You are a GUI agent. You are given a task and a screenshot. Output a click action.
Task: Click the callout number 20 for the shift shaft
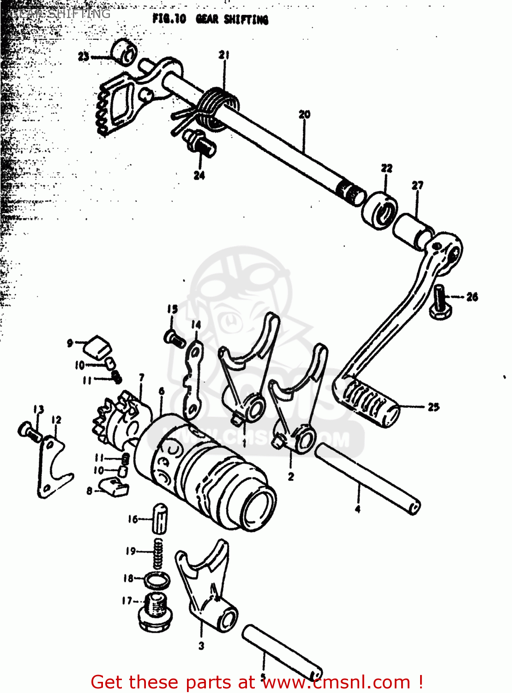pos(304,115)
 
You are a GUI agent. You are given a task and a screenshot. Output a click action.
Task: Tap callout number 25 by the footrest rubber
pos(433,407)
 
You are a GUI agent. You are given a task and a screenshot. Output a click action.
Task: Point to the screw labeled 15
pos(175,339)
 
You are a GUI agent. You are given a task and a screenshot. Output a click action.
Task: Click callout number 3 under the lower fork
pos(201,645)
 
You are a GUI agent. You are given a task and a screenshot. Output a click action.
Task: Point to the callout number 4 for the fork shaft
pos(357,509)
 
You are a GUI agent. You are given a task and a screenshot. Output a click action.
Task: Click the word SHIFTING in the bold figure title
pos(246,19)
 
